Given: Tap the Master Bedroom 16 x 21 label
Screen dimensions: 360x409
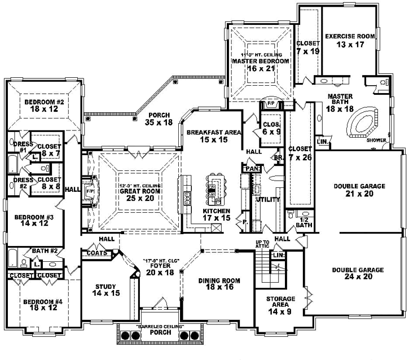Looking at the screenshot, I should tap(260, 64).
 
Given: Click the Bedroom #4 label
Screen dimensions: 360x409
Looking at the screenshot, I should tap(42, 305).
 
